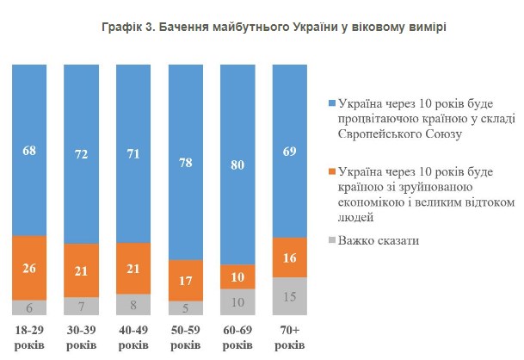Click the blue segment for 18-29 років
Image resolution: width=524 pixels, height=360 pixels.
coord(29,151)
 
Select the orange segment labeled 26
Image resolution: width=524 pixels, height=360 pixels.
coord(29,267)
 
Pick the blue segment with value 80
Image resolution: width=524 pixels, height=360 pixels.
coord(237,164)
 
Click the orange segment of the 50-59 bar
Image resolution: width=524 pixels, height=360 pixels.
coord(185,280)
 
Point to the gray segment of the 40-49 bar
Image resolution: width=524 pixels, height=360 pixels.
coord(133,304)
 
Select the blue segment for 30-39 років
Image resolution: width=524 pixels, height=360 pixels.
coord(81,155)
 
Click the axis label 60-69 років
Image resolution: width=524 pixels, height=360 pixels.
coord(237,337)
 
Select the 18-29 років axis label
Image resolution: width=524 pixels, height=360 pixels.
coord(29,337)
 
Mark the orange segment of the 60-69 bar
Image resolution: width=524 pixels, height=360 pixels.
coord(237,276)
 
